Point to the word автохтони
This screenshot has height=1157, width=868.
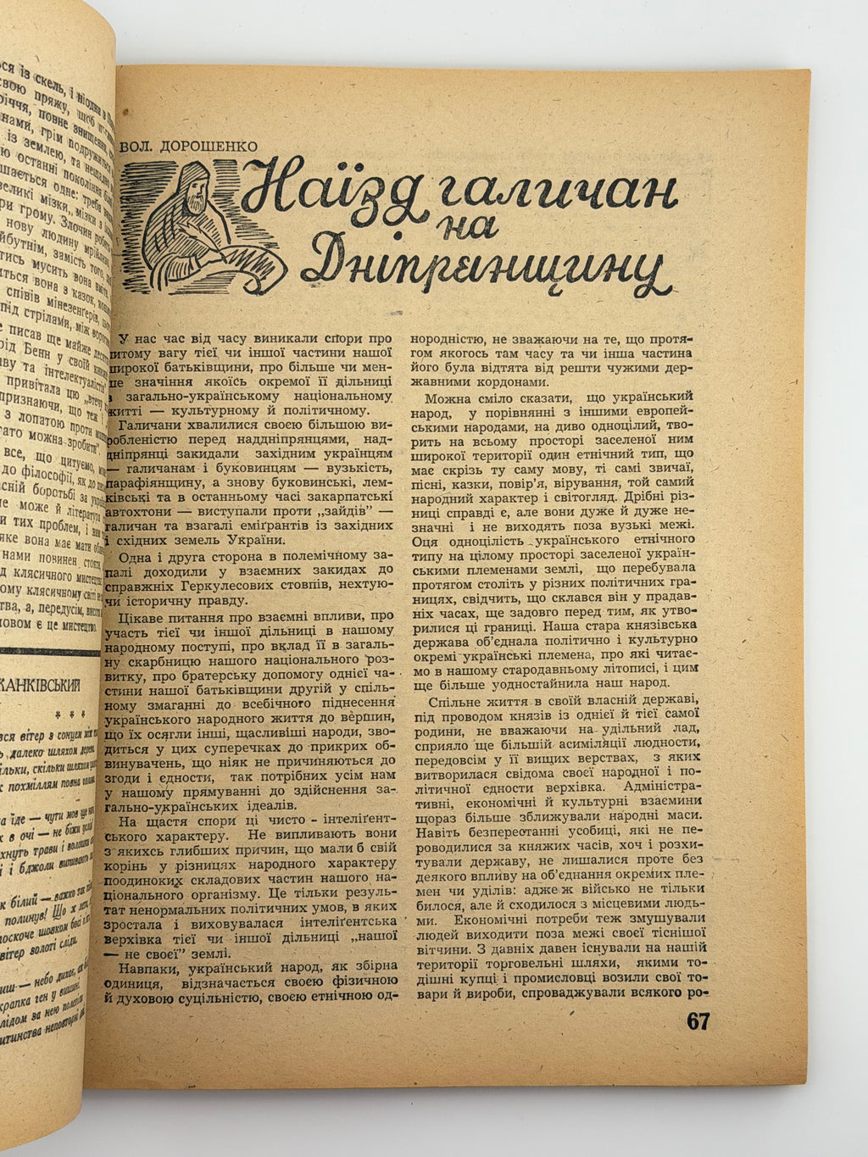coord(144,512)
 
